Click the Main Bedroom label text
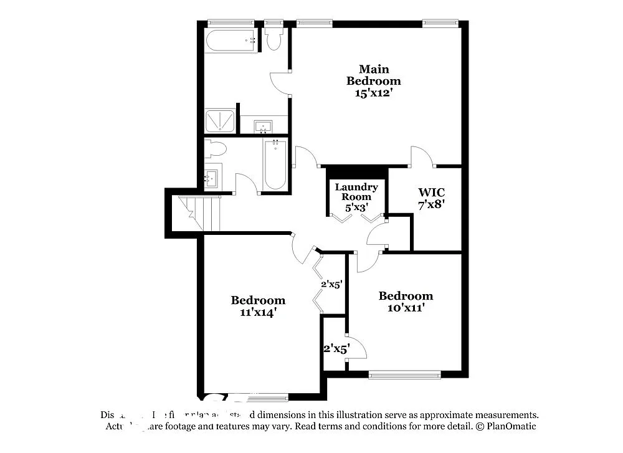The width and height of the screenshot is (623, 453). coord(373,75)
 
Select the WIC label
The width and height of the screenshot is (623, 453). coord(431,191)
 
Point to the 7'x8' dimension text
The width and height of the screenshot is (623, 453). coord(431,203)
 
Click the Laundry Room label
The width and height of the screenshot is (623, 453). coord(356,192)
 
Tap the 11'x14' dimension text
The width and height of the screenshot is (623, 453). coord(258,312)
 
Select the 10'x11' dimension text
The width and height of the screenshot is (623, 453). coord(406,307)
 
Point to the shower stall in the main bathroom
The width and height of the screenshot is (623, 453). coord(220,121)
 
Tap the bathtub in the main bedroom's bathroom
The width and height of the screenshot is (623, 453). coord(231,40)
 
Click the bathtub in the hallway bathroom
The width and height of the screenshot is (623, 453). coord(275,166)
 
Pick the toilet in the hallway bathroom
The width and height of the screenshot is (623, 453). coord(215,149)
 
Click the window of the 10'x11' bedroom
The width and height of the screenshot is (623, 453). coord(404,375)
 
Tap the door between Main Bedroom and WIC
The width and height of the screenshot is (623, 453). coord(422,157)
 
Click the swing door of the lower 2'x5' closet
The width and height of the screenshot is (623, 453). coord(356,348)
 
